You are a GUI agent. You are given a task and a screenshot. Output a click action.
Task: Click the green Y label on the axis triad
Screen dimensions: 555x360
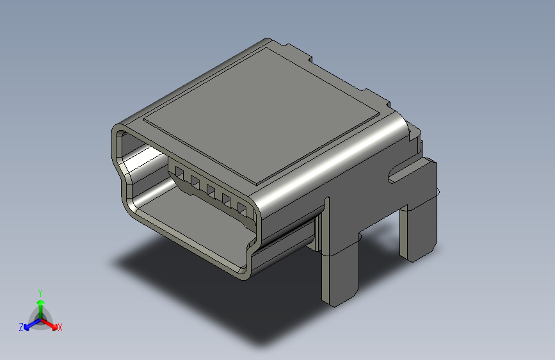[40, 293]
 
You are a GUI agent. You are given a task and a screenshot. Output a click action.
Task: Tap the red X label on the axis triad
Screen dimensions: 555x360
[60, 327]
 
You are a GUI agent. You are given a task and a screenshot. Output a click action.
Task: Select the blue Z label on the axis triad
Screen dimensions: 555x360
[21, 327]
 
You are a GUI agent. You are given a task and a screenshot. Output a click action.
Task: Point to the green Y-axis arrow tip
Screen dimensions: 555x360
[41, 302]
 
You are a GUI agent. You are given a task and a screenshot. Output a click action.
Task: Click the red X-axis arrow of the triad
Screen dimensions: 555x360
[49, 324]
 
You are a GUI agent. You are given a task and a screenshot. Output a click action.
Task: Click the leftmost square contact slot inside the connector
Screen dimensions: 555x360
[179, 174]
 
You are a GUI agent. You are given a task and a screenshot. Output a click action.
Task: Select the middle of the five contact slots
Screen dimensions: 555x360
[211, 192]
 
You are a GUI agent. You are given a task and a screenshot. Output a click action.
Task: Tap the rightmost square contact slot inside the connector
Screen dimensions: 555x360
[242, 209]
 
